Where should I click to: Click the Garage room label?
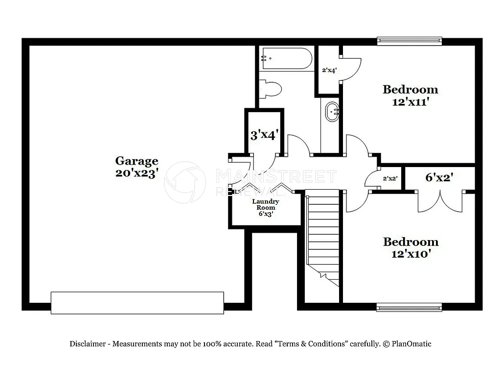click(137, 161)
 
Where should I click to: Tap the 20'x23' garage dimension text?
click(137, 172)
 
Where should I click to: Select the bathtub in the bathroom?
click(286, 59)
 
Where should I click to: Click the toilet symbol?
click(271, 89)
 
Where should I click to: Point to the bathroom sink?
click(333, 112)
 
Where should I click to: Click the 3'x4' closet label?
click(264, 135)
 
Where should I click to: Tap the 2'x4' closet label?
click(329, 70)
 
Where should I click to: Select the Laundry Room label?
click(266, 207)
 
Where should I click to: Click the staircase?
click(323, 240)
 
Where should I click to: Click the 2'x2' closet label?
click(389, 178)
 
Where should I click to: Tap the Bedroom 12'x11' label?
click(410, 96)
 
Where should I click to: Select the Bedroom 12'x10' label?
click(410, 248)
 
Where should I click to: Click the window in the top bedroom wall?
click(409, 41)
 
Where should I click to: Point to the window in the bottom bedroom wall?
click(409, 307)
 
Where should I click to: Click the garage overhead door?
click(138, 303)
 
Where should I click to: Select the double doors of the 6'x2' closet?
click(440, 202)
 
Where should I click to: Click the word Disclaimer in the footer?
click(88, 344)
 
